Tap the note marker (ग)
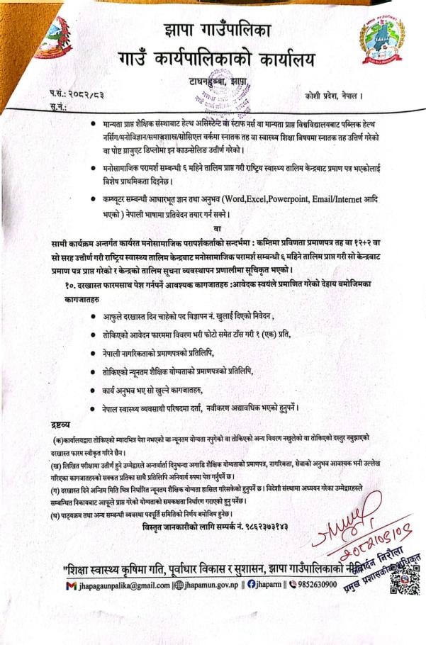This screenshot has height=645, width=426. tap(47, 488)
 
